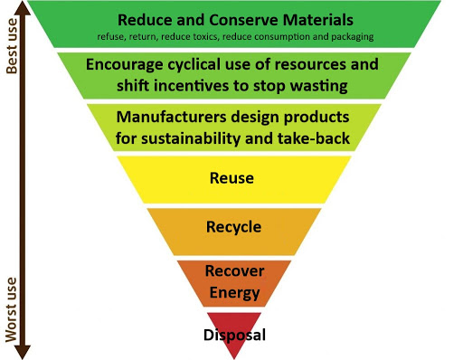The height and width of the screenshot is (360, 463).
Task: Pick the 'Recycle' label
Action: click(x=234, y=226)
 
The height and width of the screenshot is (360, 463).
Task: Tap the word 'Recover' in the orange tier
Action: click(x=234, y=271)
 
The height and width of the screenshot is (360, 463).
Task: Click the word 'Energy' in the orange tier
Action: click(x=234, y=291)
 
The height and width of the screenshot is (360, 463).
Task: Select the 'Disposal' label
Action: click(x=234, y=335)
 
